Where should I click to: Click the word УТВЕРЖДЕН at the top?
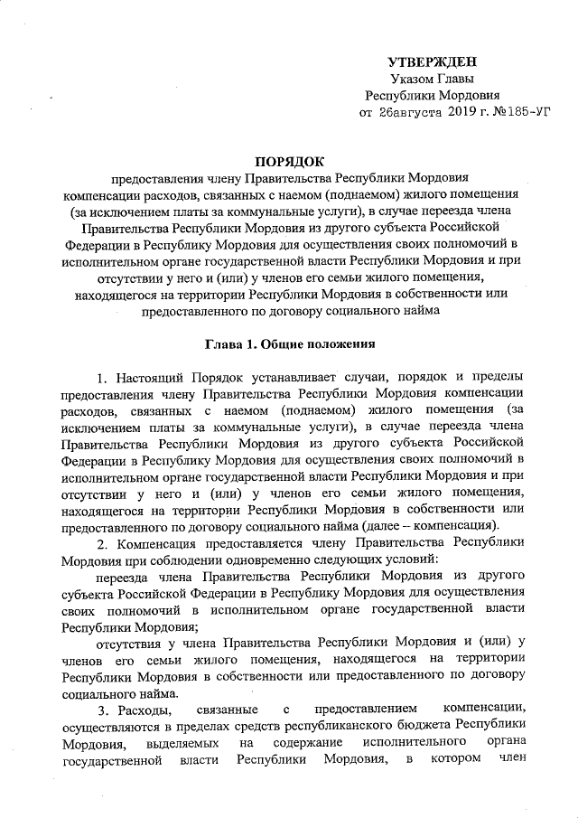tap(432, 62)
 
